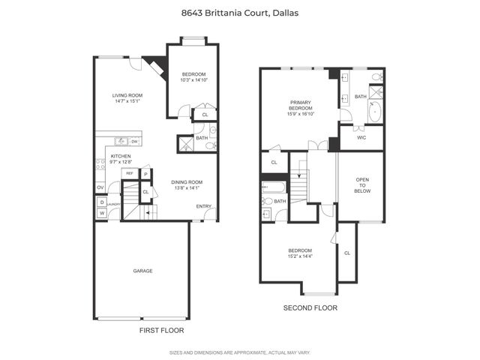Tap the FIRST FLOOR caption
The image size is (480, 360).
click(x=161, y=330)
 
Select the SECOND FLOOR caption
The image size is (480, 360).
click(x=310, y=308)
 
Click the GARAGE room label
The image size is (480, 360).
click(x=142, y=271)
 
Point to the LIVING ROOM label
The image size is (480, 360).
click(x=127, y=95)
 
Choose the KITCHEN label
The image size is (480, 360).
click(x=121, y=156)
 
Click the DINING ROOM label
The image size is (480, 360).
click(x=187, y=182)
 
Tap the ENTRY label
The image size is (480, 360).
click(x=203, y=206)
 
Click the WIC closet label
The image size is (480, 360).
click(x=361, y=137)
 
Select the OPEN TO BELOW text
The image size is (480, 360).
click(x=362, y=185)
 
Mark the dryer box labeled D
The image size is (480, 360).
click(x=101, y=202)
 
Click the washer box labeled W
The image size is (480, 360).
click(x=101, y=213)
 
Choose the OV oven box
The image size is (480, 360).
click(x=100, y=187)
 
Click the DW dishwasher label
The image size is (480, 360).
click(x=134, y=142)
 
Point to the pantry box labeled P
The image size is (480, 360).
click(x=147, y=175)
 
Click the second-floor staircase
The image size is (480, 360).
click(x=299, y=184)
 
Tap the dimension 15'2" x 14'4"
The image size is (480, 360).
click(x=299, y=257)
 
